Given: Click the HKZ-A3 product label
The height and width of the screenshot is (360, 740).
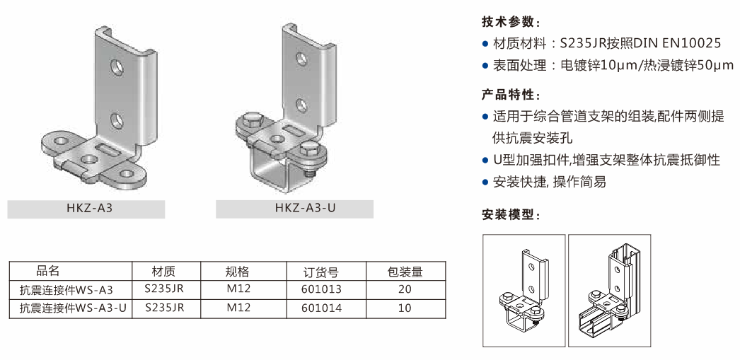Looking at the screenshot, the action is (90, 208).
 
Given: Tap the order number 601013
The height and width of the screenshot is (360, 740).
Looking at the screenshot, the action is (321, 289).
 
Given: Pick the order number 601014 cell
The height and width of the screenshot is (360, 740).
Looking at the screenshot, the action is (321, 308).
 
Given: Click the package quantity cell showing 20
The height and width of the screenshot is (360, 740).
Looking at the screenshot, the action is (405, 289).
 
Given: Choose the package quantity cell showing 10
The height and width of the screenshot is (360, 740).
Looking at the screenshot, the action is (405, 308).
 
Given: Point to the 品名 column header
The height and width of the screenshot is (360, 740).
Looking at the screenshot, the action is (48, 271).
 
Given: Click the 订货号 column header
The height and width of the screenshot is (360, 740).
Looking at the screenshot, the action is (321, 272).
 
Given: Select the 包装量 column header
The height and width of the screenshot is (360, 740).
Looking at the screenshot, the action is (405, 272).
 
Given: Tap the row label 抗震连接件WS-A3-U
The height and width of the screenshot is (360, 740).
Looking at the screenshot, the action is (73, 308).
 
